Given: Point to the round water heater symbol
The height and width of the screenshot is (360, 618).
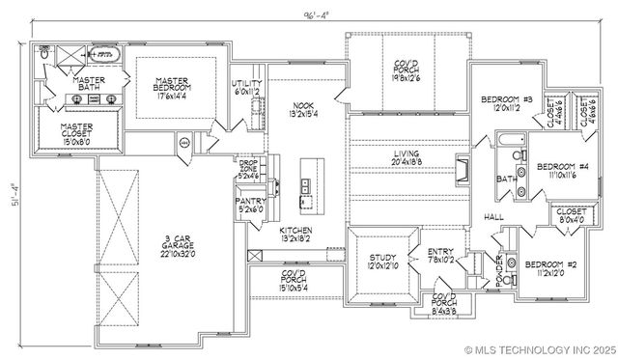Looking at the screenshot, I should (x=183, y=145).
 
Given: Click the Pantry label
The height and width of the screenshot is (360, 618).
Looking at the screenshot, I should (x=250, y=205).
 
